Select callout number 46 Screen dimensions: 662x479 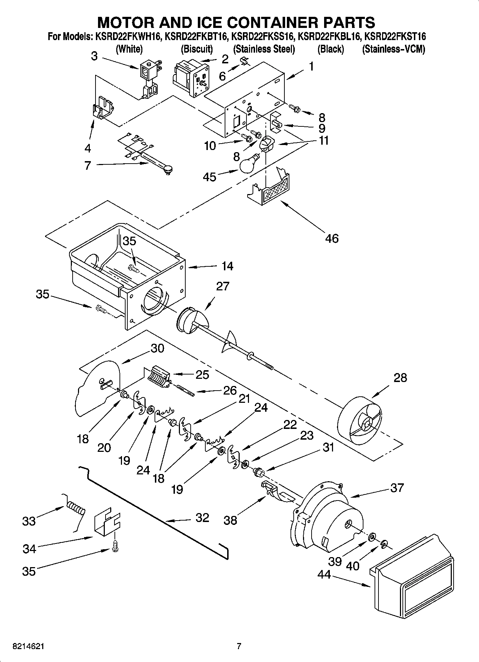(x=332, y=238)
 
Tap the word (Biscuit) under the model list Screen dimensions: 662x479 (x=197, y=49)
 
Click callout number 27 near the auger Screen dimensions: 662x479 (x=223, y=286)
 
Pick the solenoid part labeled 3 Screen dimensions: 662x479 (x=148, y=81)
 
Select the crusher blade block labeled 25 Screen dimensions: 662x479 (x=158, y=377)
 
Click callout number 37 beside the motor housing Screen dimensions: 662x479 (x=397, y=488)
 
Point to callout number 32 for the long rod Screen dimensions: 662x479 (x=202, y=518)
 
